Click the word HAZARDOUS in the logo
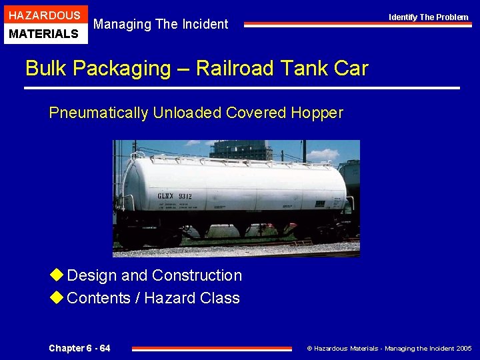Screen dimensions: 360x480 pos(45,15)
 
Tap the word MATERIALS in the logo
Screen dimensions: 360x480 pos(45,33)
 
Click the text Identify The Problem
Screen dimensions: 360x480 pos(429,17)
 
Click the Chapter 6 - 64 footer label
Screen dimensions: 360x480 pos(79,348)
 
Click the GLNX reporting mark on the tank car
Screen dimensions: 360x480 pos(165,196)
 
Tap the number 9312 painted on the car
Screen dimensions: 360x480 pos(184,196)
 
